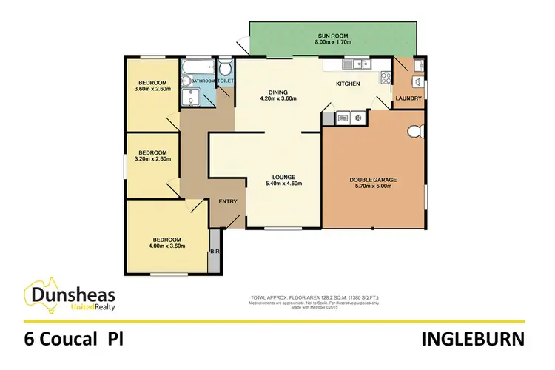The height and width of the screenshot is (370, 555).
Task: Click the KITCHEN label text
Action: click(x=348, y=84)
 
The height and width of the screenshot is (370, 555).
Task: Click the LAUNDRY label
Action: click(x=408, y=98)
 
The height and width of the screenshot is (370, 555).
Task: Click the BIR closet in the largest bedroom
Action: click(x=215, y=251)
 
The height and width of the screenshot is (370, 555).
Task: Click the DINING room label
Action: click(x=277, y=93)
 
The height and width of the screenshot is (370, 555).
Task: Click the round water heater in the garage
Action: click(x=414, y=132)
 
